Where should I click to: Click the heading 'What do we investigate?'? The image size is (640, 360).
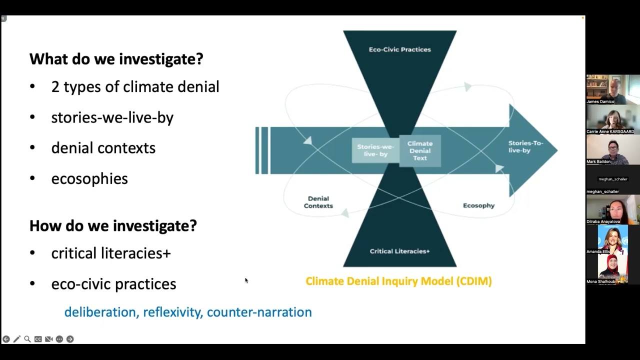116,59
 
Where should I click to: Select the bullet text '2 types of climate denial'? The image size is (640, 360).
135,87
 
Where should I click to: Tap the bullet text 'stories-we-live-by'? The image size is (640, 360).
112,117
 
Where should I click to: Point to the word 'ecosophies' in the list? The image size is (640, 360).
89,178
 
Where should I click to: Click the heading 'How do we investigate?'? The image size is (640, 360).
113,225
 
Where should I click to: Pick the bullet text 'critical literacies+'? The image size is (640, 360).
111,253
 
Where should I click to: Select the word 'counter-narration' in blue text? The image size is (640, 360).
259,312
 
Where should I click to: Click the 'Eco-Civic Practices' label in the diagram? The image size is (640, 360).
399,49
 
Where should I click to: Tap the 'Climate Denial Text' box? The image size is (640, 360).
420,150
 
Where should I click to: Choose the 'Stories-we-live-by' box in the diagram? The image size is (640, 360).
375,150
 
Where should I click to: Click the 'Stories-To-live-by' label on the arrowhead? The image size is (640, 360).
525,146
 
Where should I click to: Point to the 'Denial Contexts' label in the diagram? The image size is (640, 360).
318,202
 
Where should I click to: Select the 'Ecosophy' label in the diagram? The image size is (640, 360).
478,205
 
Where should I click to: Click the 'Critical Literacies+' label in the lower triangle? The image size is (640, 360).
399,251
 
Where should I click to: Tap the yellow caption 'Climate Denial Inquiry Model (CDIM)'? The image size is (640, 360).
398,281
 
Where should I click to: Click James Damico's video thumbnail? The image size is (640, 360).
613,89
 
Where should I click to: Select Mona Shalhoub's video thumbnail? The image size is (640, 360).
613,269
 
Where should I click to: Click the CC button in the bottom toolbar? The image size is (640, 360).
38,339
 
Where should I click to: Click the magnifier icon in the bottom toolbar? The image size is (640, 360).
27,339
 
